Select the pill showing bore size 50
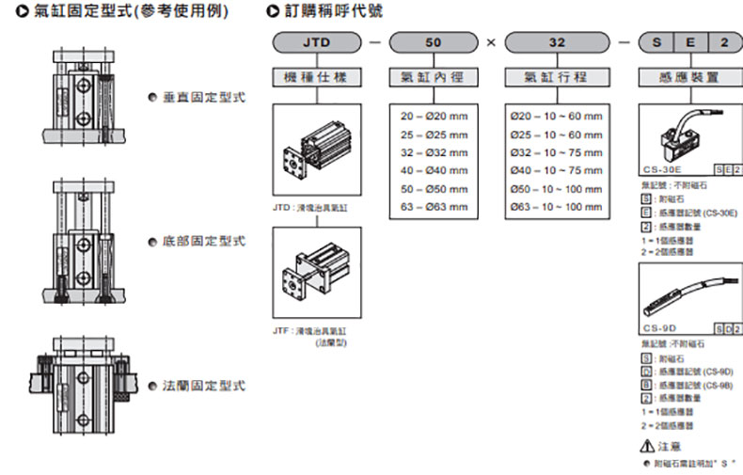(x=433, y=42)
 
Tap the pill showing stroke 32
(x=557, y=42)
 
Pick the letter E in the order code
(x=690, y=42)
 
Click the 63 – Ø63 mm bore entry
(x=434, y=206)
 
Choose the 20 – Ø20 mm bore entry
(x=434, y=117)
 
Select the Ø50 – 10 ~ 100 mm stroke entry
(x=556, y=188)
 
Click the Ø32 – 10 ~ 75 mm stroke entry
(x=556, y=152)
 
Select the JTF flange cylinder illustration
(x=314, y=273)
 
